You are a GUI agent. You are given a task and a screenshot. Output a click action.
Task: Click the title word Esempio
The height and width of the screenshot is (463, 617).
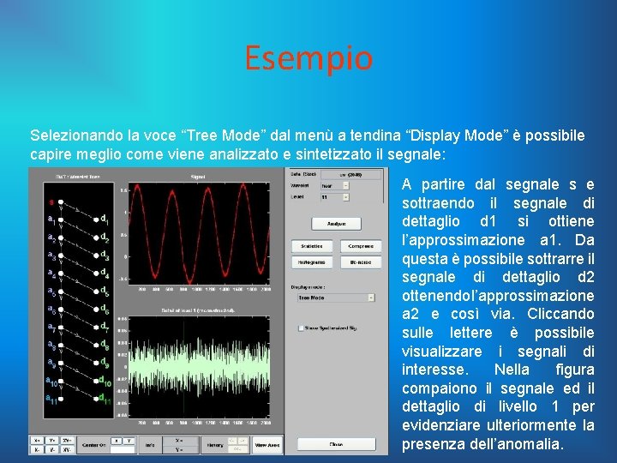coord(308,59)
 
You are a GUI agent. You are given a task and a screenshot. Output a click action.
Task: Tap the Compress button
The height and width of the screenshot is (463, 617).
coord(361,246)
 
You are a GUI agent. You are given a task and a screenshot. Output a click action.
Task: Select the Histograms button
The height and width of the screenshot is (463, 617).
coord(314,262)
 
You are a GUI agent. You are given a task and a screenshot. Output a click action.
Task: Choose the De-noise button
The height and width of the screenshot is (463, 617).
coord(361,262)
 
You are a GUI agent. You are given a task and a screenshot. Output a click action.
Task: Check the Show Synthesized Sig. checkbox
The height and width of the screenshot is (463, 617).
coord(301,328)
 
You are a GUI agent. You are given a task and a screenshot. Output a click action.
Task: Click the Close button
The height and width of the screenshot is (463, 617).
coord(336,444)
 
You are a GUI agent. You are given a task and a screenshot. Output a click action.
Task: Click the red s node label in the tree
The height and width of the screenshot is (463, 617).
coord(51,203)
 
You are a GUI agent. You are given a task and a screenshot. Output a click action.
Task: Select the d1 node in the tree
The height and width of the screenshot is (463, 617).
coord(104,218)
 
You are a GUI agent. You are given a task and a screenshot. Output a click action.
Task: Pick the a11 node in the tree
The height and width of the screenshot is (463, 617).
coord(52,399)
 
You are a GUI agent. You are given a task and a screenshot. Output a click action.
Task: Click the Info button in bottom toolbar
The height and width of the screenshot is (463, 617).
coord(150,445)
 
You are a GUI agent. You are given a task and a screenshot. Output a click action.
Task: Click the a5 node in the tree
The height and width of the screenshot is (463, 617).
coord(52,292)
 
